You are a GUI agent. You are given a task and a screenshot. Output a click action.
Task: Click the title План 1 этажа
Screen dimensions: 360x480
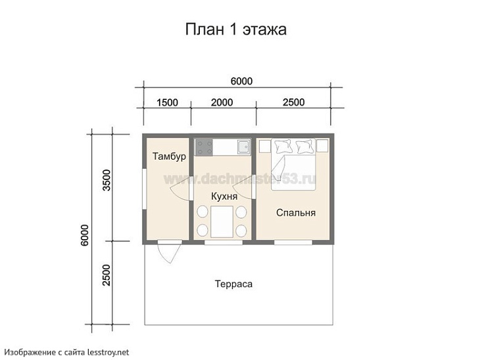pyautogui.click(x=235, y=30)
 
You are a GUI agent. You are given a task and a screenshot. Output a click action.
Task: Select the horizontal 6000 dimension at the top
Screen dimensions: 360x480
pyautogui.click(x=241, y=81)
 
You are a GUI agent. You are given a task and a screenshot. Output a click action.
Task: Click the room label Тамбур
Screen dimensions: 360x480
pyautogui.click(x=169, y=157)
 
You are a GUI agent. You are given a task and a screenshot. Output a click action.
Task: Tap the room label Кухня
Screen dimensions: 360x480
pyautogui.click(x=224, y=196)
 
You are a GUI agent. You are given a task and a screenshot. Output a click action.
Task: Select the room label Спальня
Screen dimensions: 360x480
pyautogui.click(x=295, y=213)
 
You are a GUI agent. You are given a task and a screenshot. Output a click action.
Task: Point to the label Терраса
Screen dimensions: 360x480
pyautogui.click(x=233, y=284)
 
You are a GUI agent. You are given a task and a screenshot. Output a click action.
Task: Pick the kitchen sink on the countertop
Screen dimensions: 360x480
pyautogui.click(x=243, y=146)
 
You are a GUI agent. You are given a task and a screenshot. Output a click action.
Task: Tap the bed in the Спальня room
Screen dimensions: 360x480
pyautogui.click(x=294, y=164)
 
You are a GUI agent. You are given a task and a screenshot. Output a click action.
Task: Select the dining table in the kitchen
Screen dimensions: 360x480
pyautogui.click(x=222, y=221)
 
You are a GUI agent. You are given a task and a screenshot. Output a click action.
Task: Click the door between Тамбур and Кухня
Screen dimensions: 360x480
pyautogui.click(x=180, y=191)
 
